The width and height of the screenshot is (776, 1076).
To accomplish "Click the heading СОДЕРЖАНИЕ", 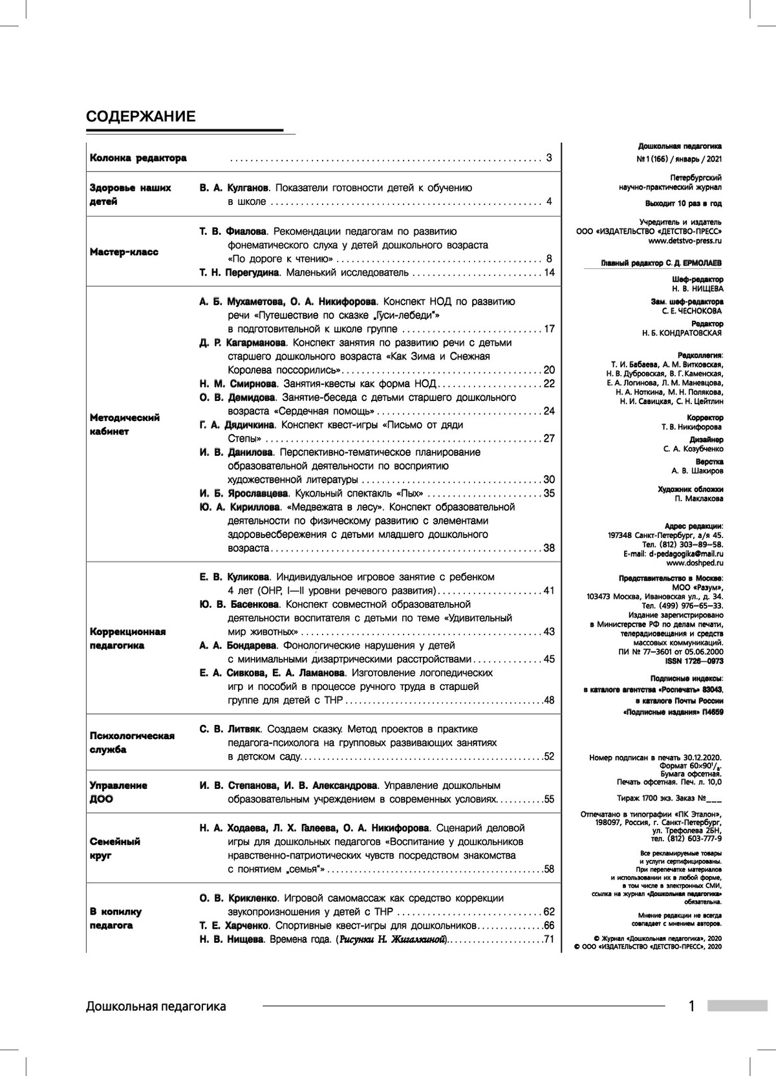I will tap(140, 116).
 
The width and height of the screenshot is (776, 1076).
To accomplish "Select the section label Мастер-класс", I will tap(124, 252).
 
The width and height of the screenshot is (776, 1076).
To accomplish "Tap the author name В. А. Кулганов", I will tap(233, 188).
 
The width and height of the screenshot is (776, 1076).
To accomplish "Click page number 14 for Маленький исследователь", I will tap(549, 273).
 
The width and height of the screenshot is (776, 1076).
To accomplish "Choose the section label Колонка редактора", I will tap(138, 158).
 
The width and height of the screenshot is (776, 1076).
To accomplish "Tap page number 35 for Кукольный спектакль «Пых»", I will tap(549, 493).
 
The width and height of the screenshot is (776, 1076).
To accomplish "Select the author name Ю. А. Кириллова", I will tap(240, 507).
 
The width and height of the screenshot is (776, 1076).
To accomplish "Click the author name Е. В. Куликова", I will tap(235, 577).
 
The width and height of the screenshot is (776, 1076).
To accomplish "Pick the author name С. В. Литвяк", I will tap(230, 729).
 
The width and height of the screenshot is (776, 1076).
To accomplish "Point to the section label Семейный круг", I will tap(115, 848).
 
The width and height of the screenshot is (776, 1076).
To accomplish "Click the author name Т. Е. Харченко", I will tap(233, 925).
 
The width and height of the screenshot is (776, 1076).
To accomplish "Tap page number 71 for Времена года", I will tap(549, 939).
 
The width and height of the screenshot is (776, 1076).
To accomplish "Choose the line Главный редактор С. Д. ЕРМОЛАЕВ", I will tap(662, 263).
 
